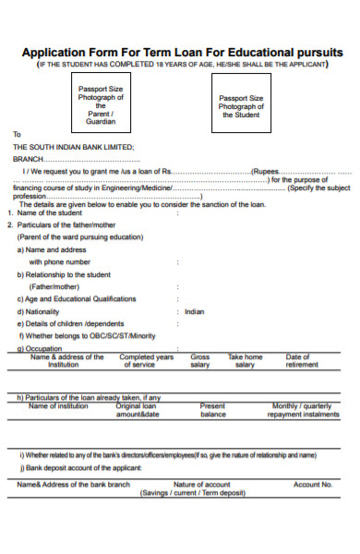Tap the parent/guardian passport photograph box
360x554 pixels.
coord(102,103)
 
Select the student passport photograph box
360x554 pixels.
coord(240,105)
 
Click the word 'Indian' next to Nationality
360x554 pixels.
coord(194,311)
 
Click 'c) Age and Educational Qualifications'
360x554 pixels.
coord(77,298)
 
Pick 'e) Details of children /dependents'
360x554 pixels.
coord(69,323)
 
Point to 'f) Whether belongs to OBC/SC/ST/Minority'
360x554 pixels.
coord(86,335)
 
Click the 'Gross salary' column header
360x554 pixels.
coord(200,360)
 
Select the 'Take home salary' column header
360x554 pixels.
coord(246,360)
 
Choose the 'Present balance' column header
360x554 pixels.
coord(213,410)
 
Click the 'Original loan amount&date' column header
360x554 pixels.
coord(137,410)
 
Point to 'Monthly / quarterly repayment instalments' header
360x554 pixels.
coord(303,410)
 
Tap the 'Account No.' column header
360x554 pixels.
coord(312,484)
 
